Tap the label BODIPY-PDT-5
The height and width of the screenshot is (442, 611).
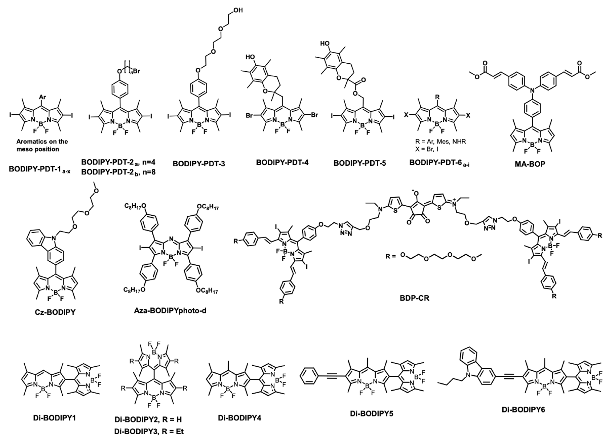tap(360, 163)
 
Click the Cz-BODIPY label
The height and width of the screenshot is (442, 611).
tap(55, 312)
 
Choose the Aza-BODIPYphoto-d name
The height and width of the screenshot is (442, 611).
tap(170, 311)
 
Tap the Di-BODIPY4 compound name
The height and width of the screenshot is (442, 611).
tap(240, 418)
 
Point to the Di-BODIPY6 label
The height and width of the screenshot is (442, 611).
tap(523, 410)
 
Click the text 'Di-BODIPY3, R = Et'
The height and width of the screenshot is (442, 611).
tap(149, 431)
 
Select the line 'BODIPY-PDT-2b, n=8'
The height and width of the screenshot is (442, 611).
tap(118, 172)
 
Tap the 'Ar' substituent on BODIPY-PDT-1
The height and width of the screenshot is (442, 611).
tap(42, 97)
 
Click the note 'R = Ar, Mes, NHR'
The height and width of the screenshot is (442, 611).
tap(440, 142)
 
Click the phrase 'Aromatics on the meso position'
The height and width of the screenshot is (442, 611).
tap(42, 145)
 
